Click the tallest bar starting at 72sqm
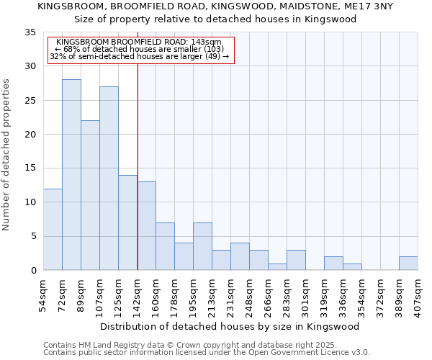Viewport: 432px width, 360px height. point(71,175)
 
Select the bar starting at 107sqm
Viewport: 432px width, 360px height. point(109,179)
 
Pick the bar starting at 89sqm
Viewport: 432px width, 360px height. point(90,195)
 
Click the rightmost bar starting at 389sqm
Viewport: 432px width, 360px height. point(408,264)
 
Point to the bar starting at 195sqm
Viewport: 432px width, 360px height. point(202,246)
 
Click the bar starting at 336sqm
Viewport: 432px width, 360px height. point(352,266)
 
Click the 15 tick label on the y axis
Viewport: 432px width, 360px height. point(30,168)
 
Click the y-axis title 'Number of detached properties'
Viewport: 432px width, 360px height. point(7,155)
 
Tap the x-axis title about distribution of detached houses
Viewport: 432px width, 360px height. point(230,326)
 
